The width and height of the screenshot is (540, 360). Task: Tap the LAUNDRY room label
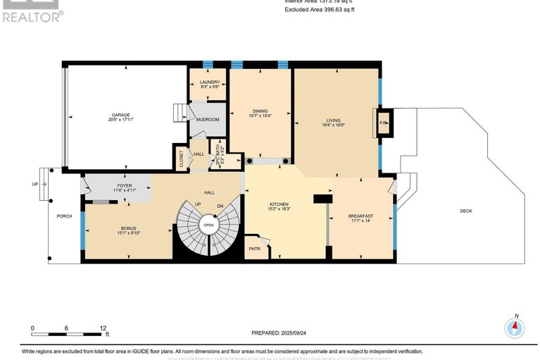[210, 82]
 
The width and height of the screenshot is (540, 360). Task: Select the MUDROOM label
[208, 120]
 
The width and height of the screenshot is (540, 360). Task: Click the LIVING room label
[333, 120]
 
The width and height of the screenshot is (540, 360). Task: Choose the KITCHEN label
[279, 204]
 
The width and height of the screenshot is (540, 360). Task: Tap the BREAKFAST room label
[360, 216]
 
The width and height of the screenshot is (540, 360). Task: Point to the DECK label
[466, 210]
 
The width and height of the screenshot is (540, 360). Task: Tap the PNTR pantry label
[254, 248]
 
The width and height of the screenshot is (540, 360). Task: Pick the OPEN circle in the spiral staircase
[208, 225]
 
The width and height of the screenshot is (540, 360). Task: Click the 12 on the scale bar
[103, 328]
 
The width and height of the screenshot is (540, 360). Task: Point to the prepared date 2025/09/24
[280, 333]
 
